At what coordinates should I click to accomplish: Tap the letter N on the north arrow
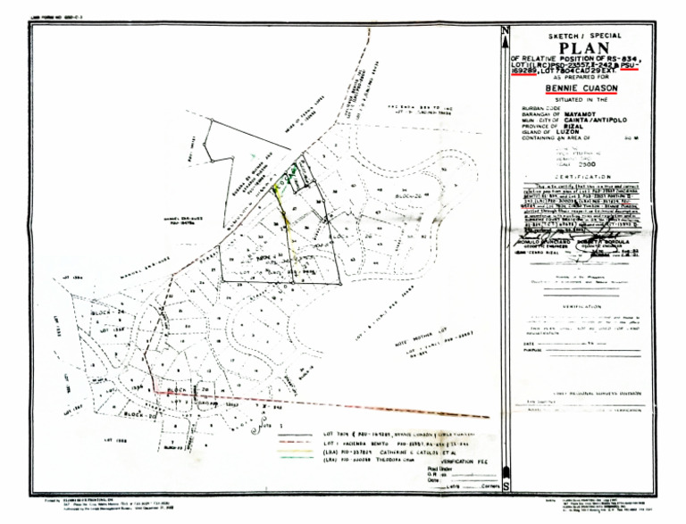(x=506, y=33)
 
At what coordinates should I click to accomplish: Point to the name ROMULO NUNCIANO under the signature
(x=537, y=242)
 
